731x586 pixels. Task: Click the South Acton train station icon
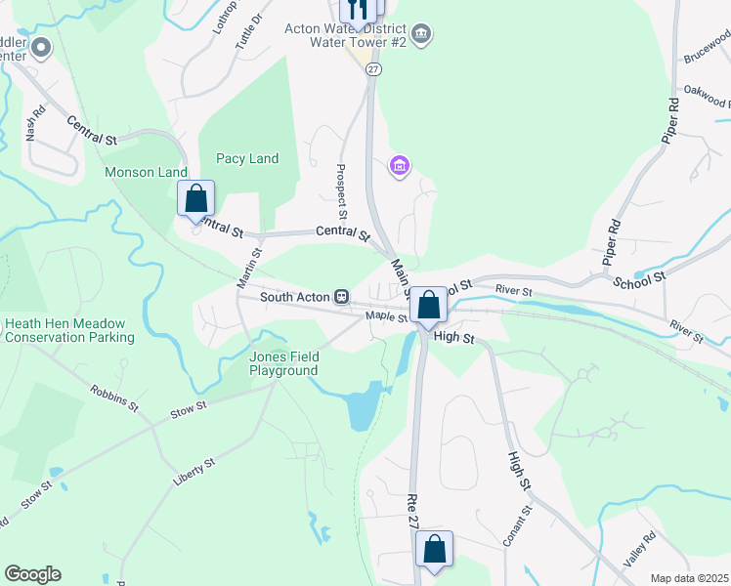[342, 296]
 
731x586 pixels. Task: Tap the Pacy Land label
[247, 158]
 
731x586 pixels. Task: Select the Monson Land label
[146, 172]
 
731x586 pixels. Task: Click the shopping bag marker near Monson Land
[196, 199]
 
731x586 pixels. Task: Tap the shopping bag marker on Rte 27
[435, 549]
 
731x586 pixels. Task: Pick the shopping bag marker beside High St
[428, 305]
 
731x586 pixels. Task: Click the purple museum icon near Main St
[399, 165]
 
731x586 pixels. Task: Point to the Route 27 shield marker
[374, 68]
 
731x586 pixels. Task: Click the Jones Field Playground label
[283, 363]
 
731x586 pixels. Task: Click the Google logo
[32, 574]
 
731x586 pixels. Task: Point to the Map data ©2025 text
[689, 578]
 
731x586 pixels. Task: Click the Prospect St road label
[343, 190]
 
